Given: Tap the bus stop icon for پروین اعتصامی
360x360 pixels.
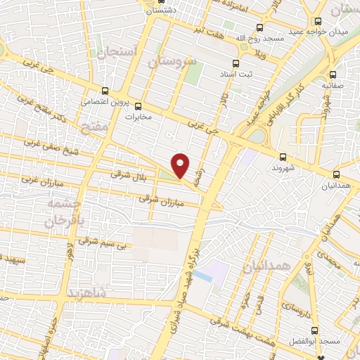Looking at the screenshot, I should coord(105,91).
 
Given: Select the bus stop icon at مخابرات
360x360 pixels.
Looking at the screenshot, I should coord(139,105).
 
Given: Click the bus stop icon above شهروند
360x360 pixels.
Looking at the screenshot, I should coord(283,157).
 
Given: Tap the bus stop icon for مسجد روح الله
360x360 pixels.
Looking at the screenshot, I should coord(260,27).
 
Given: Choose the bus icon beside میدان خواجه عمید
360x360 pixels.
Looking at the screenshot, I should coord(319,20).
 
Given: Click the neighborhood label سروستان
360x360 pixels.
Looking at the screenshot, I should coord(170,62).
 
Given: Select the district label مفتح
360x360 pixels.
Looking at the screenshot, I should coord(89,127).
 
